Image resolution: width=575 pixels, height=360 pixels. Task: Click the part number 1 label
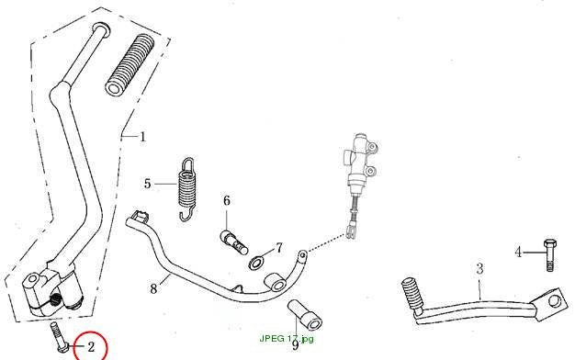[x=142, y=137]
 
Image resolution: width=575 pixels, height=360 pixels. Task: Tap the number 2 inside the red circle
[x=91, y=346]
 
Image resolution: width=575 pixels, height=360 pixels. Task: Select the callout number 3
[x=479, y=269]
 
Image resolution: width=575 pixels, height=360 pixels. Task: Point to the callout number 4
[x=518, y=253]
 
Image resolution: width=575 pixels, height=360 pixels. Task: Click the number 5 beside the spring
[x=147, y=184]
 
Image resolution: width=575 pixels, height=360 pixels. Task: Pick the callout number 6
[x=227, y=200]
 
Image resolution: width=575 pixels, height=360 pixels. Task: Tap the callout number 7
[x=279, y=248]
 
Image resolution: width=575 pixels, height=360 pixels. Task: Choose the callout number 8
[x=153, y=288]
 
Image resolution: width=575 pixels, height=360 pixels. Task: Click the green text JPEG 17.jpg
[x=287, y=338]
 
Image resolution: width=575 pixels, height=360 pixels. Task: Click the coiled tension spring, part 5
[x=187, y=189]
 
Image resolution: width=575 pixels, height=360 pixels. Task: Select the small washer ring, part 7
[x=256, y=263]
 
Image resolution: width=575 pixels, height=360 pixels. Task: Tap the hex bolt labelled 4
[x=549, y=255]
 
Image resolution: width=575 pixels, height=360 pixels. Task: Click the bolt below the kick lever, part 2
[x=59, y=337]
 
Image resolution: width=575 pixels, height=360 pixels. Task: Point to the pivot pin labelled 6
[x=234, y=242]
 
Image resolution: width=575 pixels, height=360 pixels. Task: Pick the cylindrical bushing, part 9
[x=305, y=315]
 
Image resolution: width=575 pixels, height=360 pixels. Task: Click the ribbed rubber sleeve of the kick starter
[x=130, y=65]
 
